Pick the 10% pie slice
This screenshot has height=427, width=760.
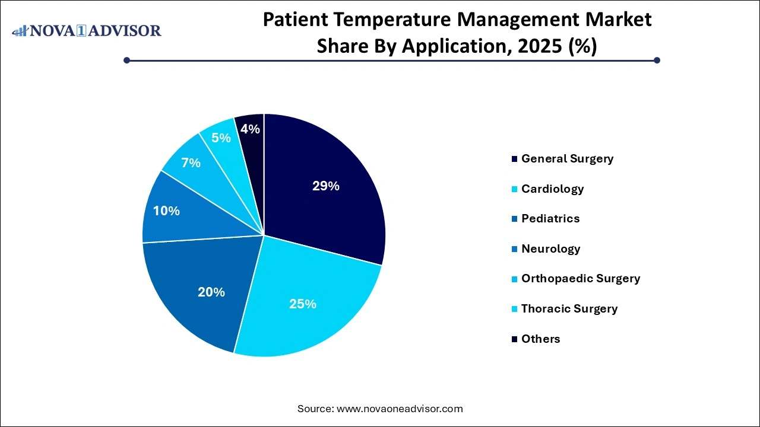[x=166, y=211]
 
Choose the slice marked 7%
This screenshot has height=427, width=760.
[x=191, y=162]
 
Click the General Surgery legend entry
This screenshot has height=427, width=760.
[x=567, y=158]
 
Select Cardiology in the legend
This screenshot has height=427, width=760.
[x=552, y=189]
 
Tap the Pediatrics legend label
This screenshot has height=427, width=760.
[x=550, y=218]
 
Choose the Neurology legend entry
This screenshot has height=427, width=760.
[x=550, y=248]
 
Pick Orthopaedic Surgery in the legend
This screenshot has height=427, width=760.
[x=580, y=278]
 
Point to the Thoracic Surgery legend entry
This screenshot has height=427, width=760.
[x=569, y=308]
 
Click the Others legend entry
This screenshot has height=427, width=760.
[x=540, y=339]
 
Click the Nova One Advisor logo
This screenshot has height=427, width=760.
[x=87, y=30]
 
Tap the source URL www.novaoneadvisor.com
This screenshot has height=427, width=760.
[x=400, y=409]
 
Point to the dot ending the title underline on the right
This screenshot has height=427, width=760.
[x=657, y=60]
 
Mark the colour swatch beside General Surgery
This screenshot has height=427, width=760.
[x=514, y=159]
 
